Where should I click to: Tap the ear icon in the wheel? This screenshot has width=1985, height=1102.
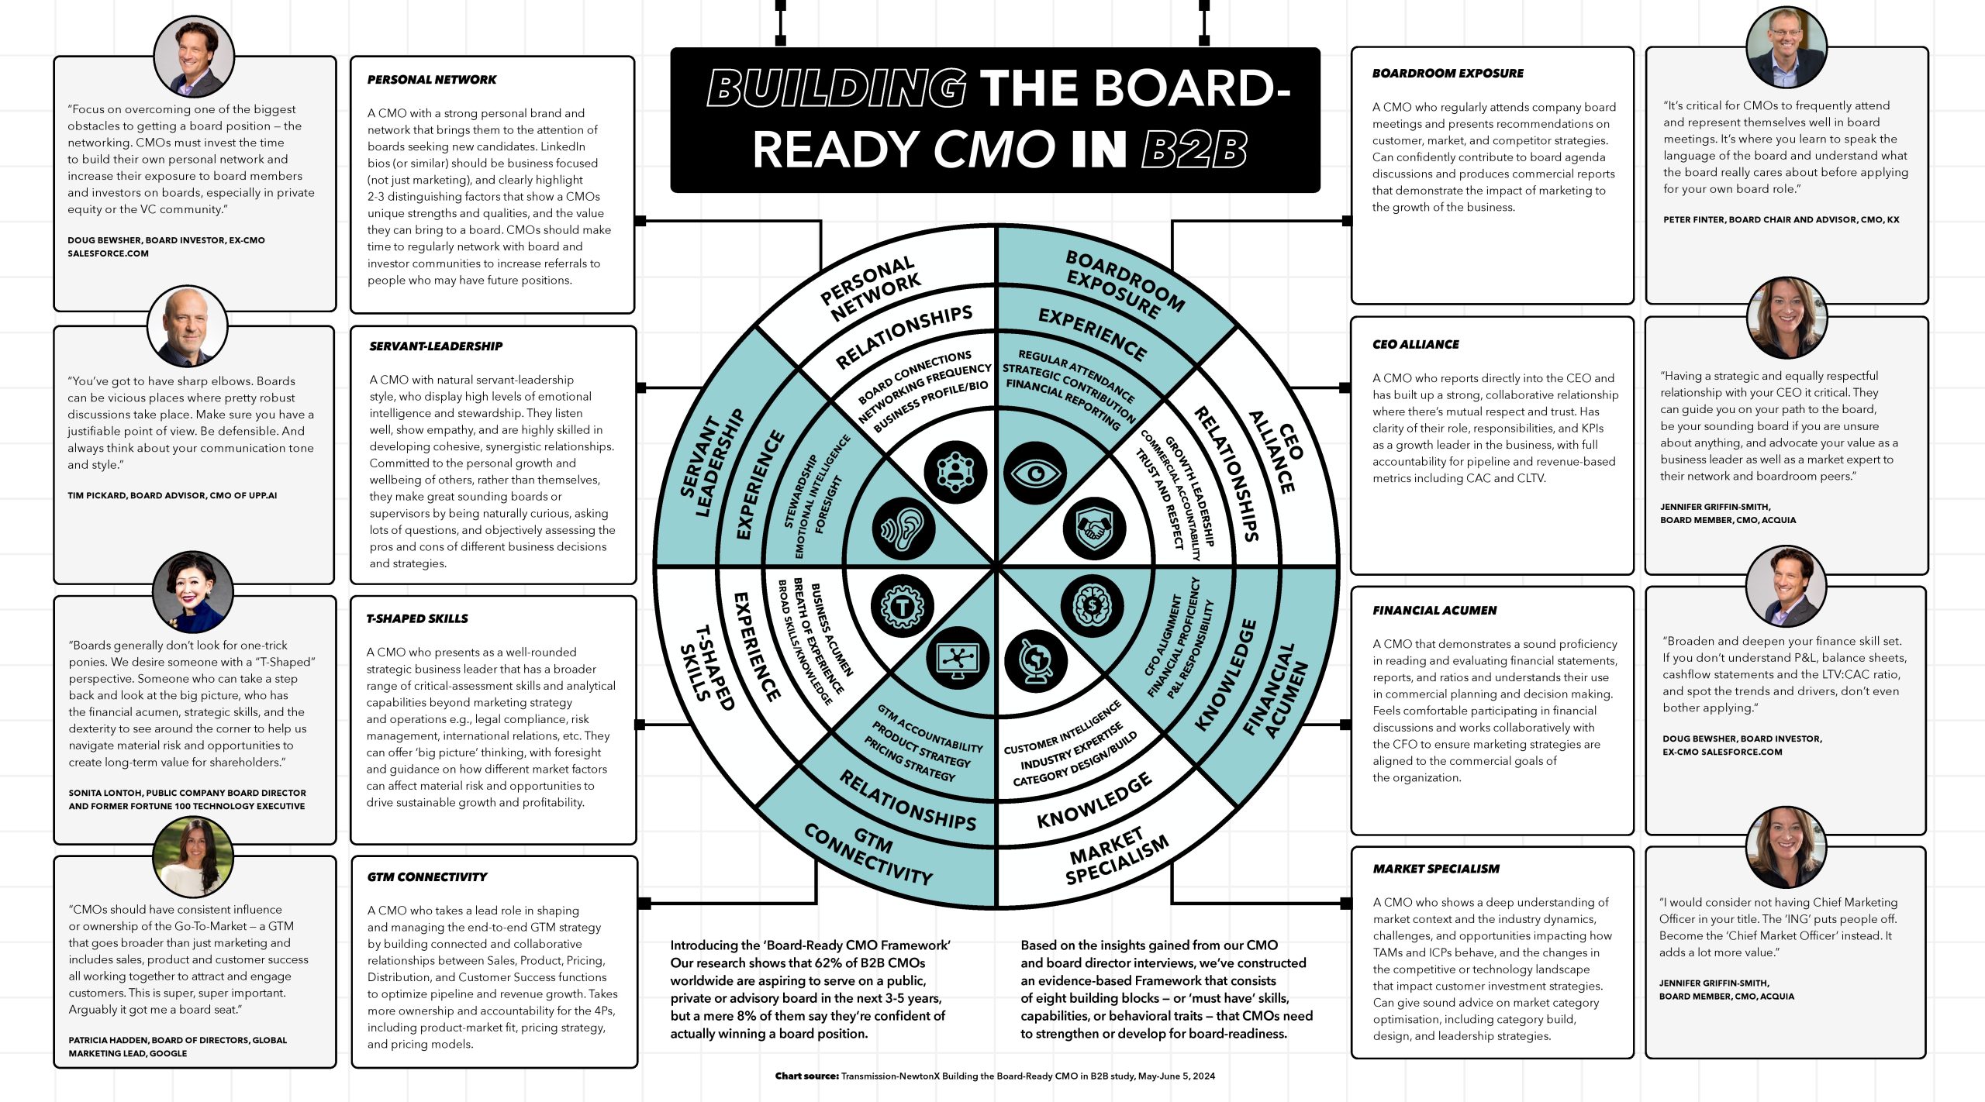[x=903, y=529]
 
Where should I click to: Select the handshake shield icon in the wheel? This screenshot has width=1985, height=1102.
[x=1093, y=529]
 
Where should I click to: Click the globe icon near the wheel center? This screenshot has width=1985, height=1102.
[x=1035, y=661]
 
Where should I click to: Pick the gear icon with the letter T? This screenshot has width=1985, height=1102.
[x=902, y=605]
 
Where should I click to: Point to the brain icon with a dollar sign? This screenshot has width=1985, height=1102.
[x=1092, y=605]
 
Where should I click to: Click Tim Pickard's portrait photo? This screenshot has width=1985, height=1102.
[x=187, y=327]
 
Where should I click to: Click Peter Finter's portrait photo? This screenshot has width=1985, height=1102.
[x=1786, y=46]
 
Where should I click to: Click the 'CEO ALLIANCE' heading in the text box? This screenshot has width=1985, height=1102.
[x=1415, y=345]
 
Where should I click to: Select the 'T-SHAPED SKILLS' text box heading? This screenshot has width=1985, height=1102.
[x=417, y=619]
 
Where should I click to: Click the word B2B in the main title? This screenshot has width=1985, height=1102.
[x=1194, y=150]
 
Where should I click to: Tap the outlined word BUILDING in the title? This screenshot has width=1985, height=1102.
[x=836, y=88]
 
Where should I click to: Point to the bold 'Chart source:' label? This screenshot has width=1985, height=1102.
[x=806, y=1076]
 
